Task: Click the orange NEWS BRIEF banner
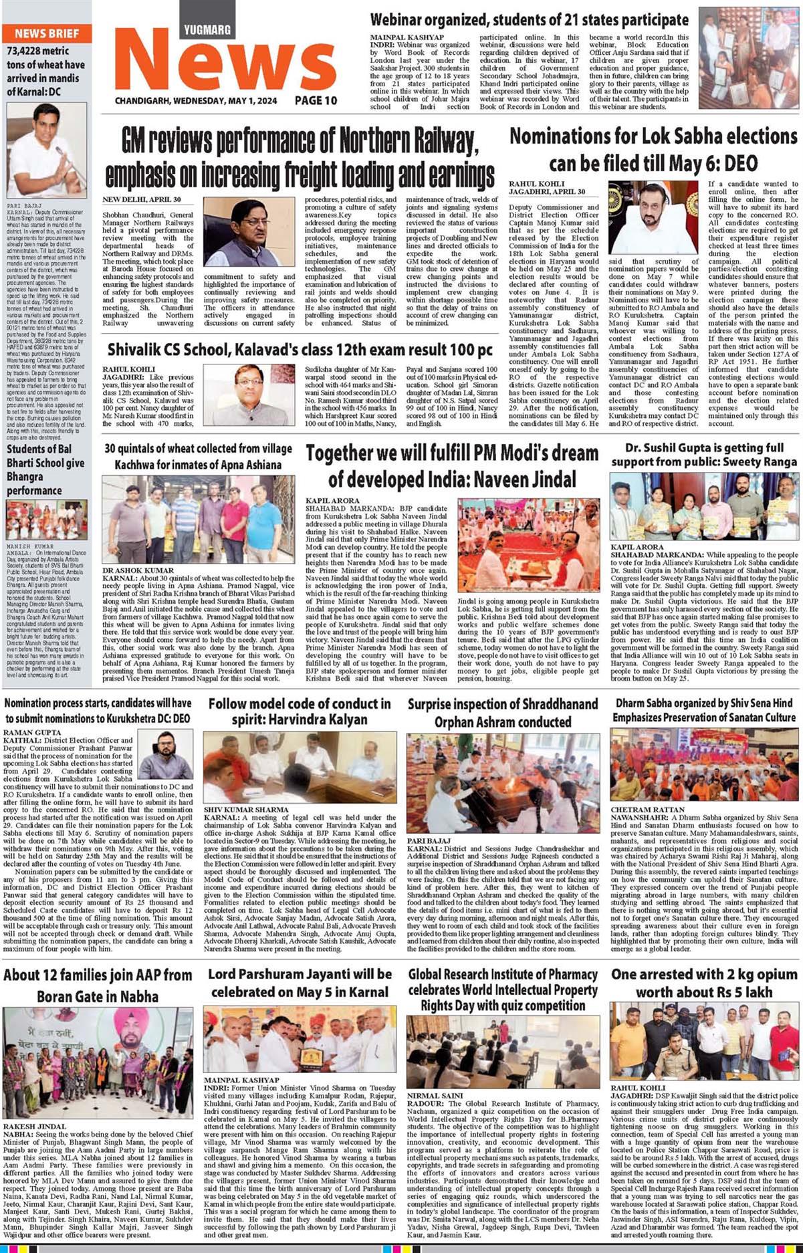(x=47, y=33)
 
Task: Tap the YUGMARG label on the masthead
(x=208, y=29)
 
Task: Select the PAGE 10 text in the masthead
(x=316, y=100)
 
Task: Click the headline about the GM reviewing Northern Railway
(x=300, y=158)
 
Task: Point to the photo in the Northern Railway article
(x=249, y=232)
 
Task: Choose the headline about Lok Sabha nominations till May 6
(x=653, y=150)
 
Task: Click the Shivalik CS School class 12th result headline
(x=300, y=350)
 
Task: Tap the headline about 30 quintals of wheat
(x=198, y=456)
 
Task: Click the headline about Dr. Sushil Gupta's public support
(x=704, y=455)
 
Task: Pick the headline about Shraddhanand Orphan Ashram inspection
(x=503, y=713)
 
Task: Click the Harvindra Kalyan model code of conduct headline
(x=299, y=711)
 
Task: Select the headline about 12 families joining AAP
(x=98, y=986)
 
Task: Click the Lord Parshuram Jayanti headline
(x=300, y=983)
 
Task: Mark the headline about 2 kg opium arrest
(x=704, y=983)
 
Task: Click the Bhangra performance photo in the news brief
(x=47, y=520)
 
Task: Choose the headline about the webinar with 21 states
(x=529, y=19)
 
